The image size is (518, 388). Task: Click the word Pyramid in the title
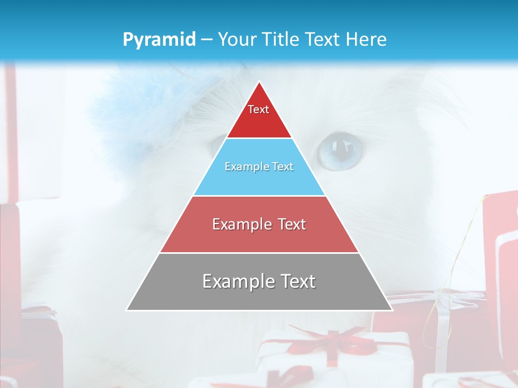coord(159,40)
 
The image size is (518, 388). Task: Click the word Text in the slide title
coord(323,40)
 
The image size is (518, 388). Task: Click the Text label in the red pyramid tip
coord(258,109)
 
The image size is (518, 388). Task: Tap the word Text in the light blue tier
coord(281,167)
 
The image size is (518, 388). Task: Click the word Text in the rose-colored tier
coord(289,224)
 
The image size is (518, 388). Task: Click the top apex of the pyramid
coord(259,82)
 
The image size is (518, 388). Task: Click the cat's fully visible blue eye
coord(339,150)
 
